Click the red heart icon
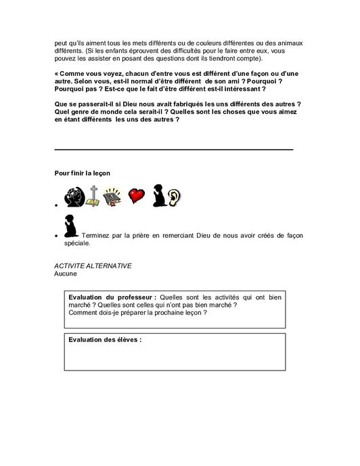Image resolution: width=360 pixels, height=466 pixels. [x=137, y=196]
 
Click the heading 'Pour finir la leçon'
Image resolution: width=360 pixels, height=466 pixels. [x=82, y=173]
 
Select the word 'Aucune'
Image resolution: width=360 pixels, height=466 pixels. [x=66, y=274]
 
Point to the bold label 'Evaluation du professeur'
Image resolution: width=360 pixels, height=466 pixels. [x=112, y=297]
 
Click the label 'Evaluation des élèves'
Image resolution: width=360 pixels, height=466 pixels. [x=105, y=339]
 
